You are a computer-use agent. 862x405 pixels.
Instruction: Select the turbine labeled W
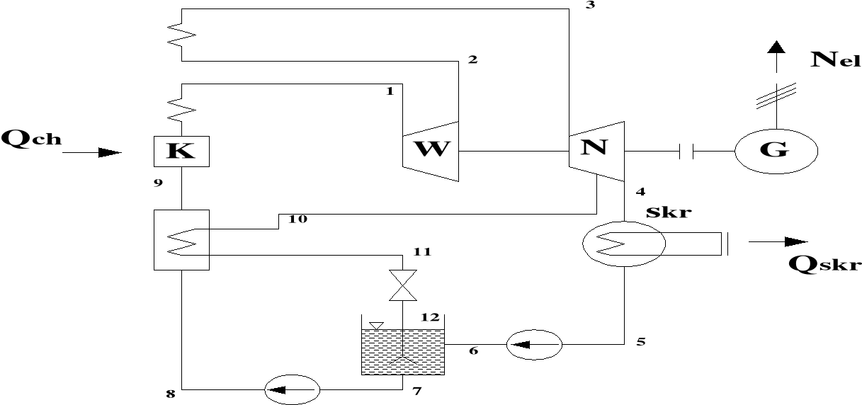click(x=431, y=151)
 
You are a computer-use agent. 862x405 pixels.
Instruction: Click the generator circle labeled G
click(x=776, y=151)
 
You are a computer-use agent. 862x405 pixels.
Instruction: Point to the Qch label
click(x=32, y=138)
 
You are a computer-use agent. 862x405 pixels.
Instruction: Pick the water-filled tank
click(x=403, y=351)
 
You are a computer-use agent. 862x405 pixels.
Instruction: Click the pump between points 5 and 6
click(x=534, y=345)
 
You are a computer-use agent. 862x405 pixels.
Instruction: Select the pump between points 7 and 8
click(x=292, y=388)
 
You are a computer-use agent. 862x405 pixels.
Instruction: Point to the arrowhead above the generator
click(x=777, y=47)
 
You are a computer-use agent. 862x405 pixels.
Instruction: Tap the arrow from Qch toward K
click(x=91, y=152)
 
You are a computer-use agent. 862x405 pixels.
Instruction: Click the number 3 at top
click(x=589, y=6)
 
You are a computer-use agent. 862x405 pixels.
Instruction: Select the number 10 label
click(x=297, y=219)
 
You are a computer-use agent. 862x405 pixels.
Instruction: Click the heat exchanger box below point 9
click(x=181, y=239)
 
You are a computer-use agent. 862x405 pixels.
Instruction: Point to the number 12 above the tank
click(x=430, y=316)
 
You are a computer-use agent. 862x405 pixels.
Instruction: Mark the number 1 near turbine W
click(x=389, y=91)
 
